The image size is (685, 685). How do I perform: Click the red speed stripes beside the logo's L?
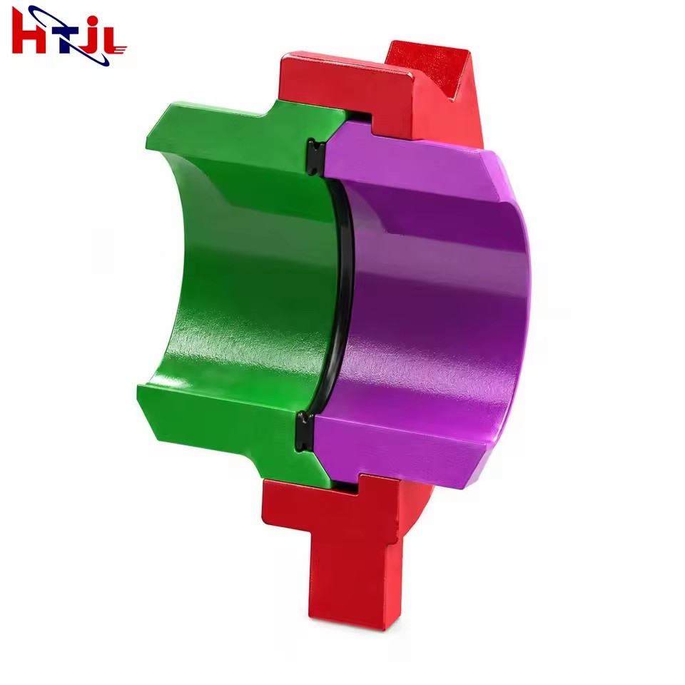119,49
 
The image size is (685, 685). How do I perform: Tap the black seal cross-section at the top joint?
315,157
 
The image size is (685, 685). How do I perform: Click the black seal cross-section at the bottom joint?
306,430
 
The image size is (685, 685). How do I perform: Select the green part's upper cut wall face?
227,131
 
